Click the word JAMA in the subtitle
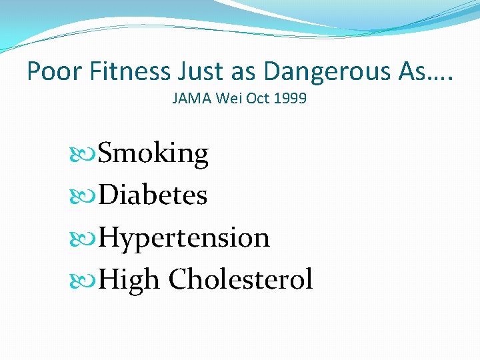pos(191,99)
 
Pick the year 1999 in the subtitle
pos(291,99)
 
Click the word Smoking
pos(153,155)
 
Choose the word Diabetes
pos(153,195)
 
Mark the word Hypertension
pos(183,237)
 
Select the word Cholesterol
pos(241,279)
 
